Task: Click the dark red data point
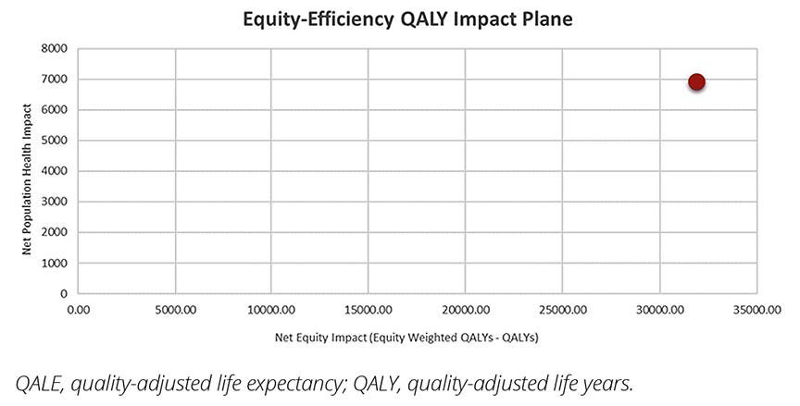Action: (x=696, y=82)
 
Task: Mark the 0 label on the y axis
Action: (x=64, y=293)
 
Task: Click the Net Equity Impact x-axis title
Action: (x=406, y=338)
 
